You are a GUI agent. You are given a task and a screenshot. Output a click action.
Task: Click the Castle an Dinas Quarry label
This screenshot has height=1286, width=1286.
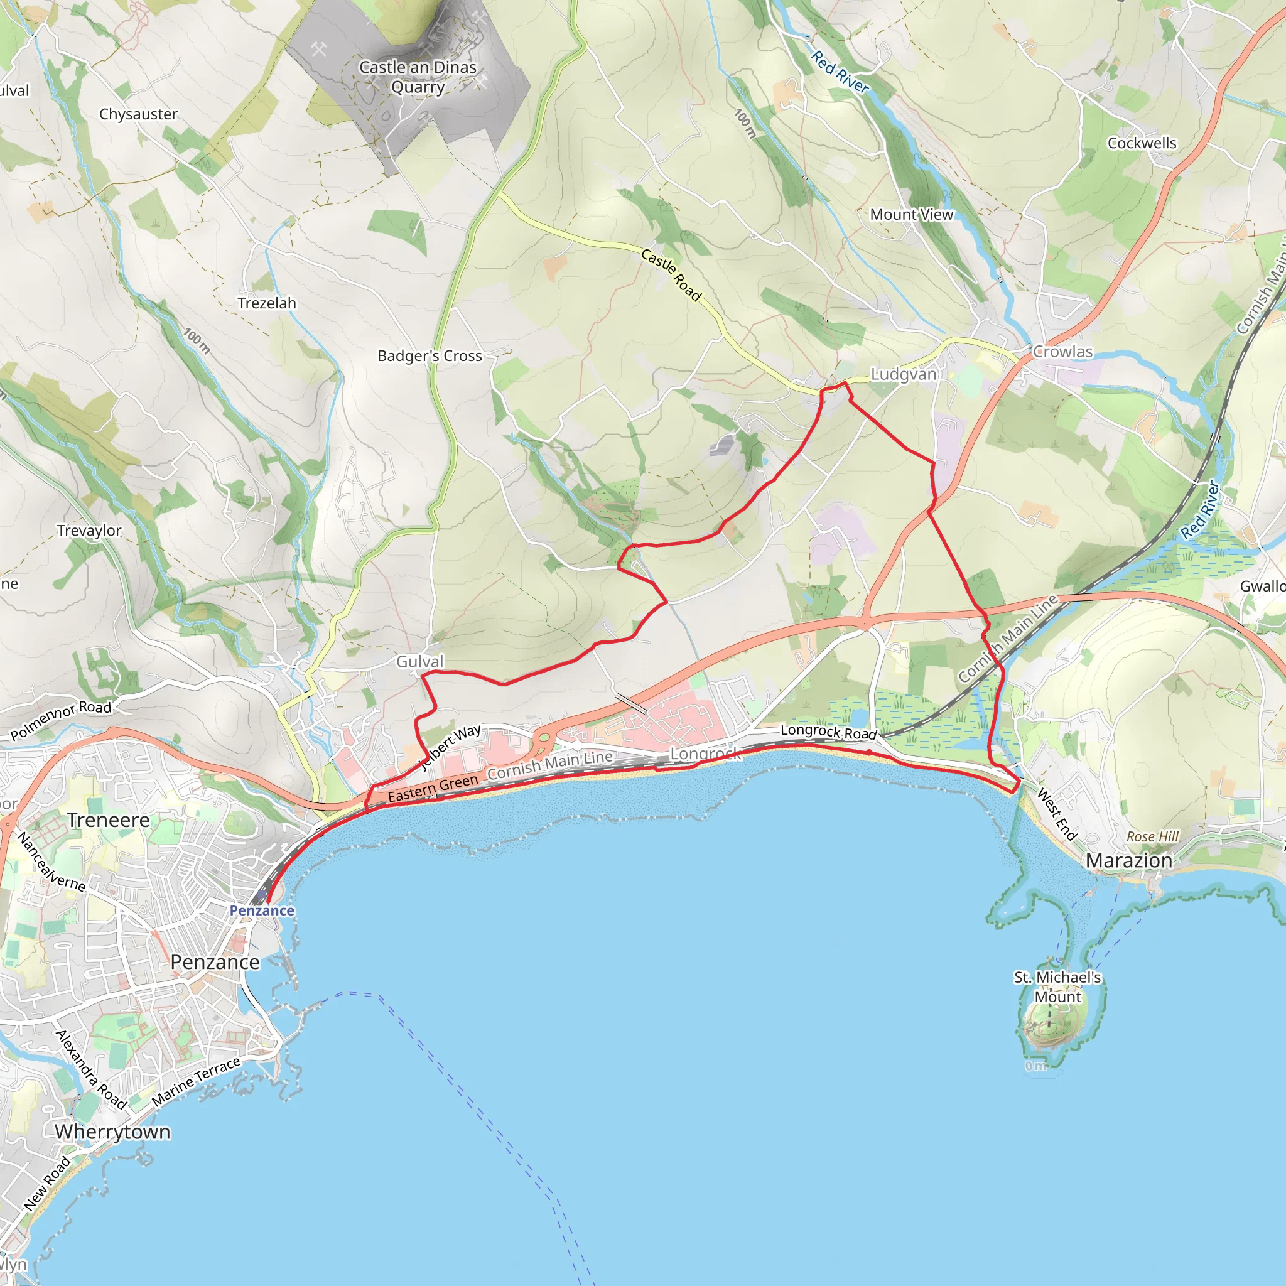pos(418,77)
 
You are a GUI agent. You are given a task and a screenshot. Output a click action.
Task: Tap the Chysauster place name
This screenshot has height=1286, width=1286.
pos(138,114)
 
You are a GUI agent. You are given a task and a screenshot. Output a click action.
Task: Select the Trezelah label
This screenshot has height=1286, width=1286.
pos(267,303)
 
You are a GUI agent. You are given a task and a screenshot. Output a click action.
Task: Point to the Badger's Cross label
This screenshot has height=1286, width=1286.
pos(430,355)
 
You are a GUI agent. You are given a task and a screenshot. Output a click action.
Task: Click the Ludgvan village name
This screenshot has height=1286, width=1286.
pos(903,374)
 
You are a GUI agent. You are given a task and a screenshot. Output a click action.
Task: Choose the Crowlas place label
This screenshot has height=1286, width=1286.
pos(1063,352)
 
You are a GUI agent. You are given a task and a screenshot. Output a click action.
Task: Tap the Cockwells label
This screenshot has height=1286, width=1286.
pos(1142,143)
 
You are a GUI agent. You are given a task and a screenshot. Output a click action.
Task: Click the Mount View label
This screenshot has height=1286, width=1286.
pos(912,214)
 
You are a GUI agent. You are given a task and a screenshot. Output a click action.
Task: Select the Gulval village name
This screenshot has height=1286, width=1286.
pos(420,662)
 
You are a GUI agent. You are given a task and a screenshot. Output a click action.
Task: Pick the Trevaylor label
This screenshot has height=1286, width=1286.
pos(89,531)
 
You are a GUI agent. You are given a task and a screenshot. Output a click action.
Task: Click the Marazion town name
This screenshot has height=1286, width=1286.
pos(1129,861)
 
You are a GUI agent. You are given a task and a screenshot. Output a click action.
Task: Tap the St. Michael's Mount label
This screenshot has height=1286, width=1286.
pos(1057,987)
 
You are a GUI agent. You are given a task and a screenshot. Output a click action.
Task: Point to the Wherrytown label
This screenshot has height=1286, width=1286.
pos(113,1132)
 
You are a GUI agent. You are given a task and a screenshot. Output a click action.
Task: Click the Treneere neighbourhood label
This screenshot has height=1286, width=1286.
pos(109,820)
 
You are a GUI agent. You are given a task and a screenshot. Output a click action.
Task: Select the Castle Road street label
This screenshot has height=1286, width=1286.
pos(671,274)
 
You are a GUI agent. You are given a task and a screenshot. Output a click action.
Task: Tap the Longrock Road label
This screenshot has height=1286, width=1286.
pos(829,732)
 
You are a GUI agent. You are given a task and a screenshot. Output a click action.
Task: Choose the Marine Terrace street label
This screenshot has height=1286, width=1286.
pos(196,1083)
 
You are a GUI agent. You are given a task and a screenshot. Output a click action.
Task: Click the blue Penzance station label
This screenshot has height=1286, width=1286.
pos(262,910)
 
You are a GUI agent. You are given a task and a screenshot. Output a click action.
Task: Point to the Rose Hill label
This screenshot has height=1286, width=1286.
pos(1153,836)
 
